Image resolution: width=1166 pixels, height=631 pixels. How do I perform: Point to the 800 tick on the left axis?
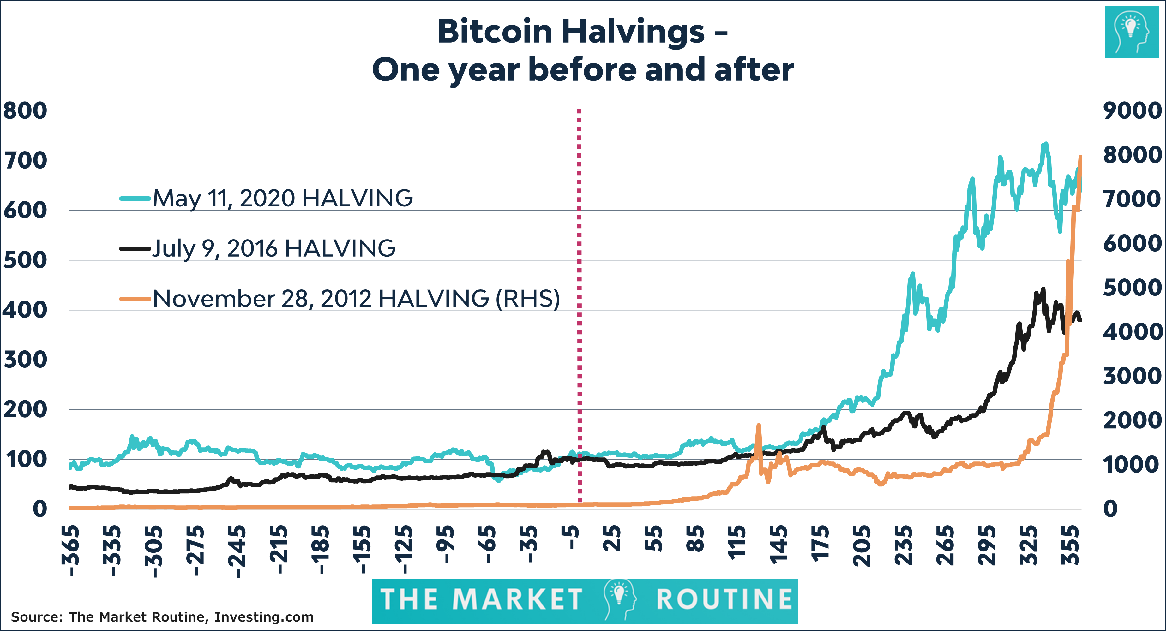[x=25, y=111]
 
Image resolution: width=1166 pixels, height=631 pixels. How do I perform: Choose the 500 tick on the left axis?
[x=25, y=260]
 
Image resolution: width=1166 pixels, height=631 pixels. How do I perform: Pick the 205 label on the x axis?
[x=862, y=545]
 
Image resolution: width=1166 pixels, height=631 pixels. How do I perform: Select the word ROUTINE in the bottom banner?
[x=724, y=600]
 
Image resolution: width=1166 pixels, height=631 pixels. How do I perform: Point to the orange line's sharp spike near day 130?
[x=759, y=426]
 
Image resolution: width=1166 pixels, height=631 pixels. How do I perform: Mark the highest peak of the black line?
[x=1043, y=289]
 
